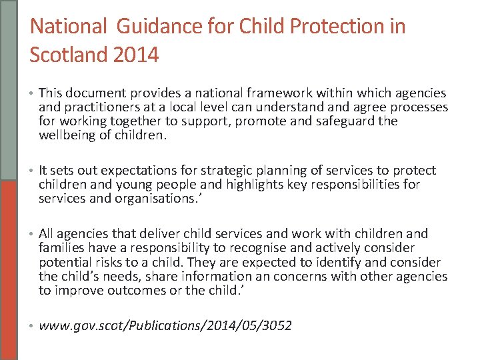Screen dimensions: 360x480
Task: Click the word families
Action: coord(62,248)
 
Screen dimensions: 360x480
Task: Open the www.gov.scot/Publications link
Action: coord(165,326)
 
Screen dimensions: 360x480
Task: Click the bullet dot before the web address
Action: coord(32,327)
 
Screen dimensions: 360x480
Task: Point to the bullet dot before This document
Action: coord(32,94)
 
